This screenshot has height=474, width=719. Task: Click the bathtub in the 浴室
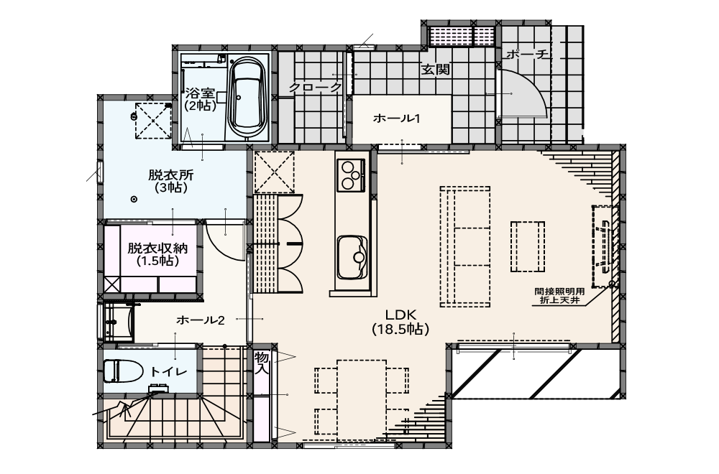pyautogui.click(x=247, y=98)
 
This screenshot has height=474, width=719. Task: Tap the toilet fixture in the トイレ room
pyautogui.click(x=123, y=371)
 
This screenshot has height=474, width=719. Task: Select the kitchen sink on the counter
pyautogui.click(x=352, y=258)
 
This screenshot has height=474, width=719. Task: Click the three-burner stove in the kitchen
pyautogui.click(x=352, y=175)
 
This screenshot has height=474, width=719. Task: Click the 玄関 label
pyautogui.click(x=435, y=70)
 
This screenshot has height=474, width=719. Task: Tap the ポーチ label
pyautogui.click(x=527, y=55)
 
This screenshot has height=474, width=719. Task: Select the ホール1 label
pyautogui.click(x=397, y=118)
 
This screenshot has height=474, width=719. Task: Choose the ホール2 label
pyautogui.click(x=201, y=320)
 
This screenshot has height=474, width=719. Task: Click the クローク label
pyautogui.click(x=316, y=87)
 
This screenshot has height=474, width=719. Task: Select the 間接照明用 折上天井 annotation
pyautogui.click(x=559, y=296)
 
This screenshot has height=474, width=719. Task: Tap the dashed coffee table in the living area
pyautogui.click(x=528, y=247)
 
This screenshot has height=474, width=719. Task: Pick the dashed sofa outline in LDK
pyautogui.click(x=465, y=246)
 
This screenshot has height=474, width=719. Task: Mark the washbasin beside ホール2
pyautogui.click(x=119, y=322)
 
